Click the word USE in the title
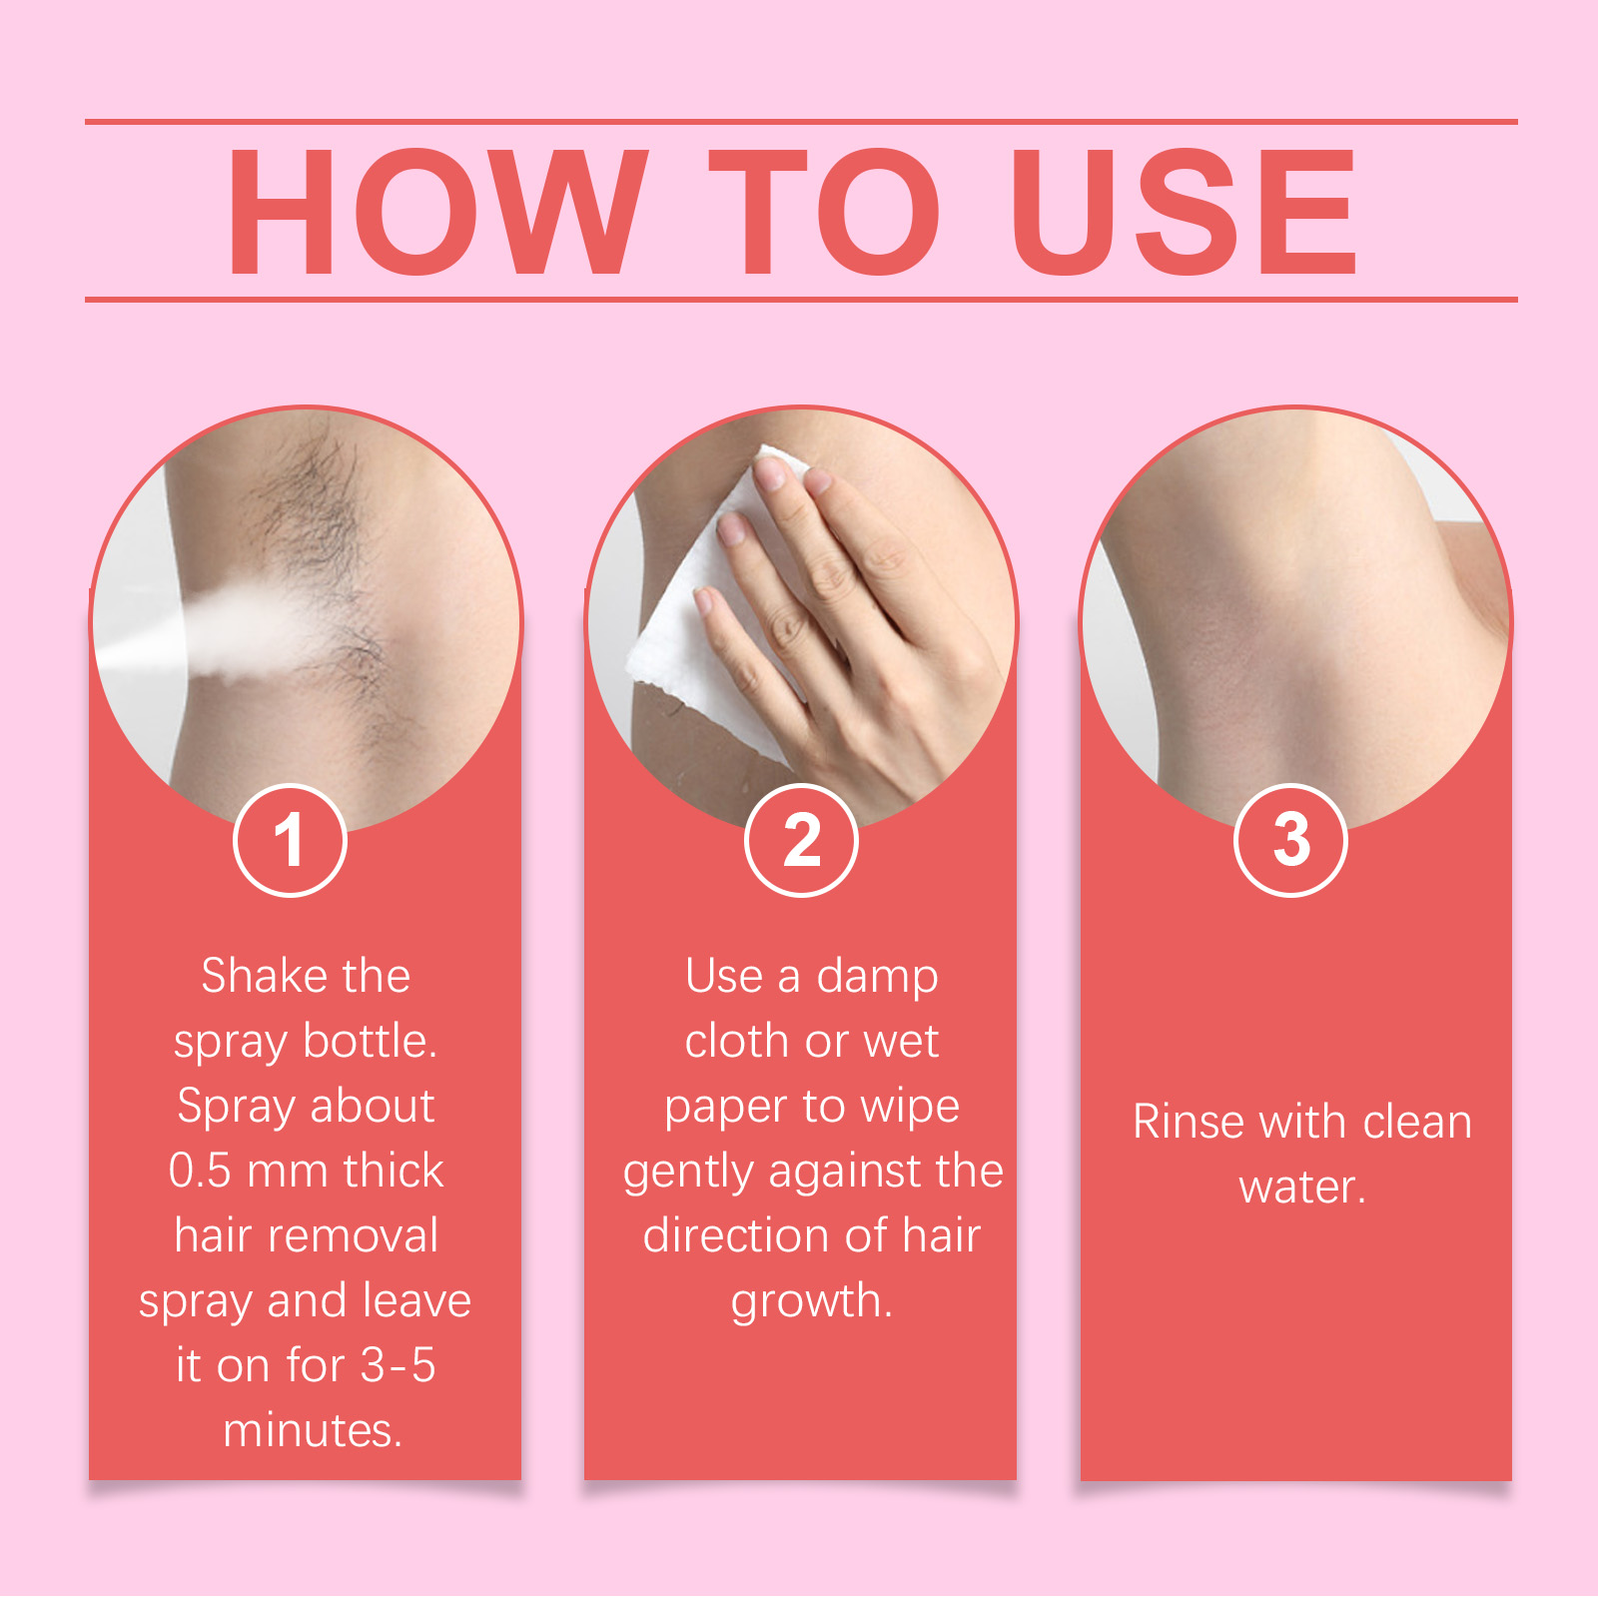(1184, 212)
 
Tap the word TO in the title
(824, 212)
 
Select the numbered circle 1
(290, 840)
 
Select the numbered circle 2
(801, 840)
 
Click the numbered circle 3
(1290, 840)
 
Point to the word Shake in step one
(251, 976)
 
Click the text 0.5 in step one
(200, 1171)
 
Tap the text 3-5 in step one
(398, 1365)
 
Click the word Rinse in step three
(1189, 1122)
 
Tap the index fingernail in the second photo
(771, 472)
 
